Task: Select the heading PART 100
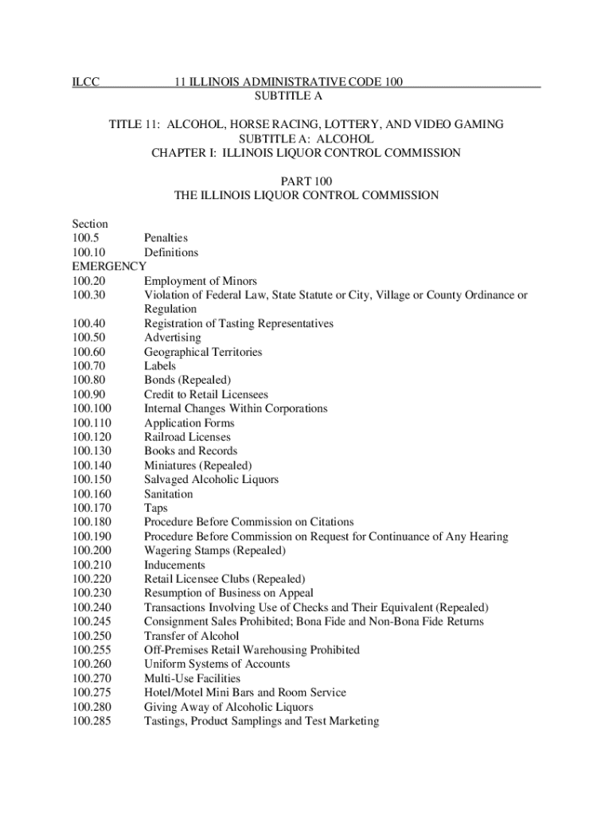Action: click(306, 181)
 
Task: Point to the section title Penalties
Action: click(166, 238)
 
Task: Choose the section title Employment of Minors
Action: click(201, 281)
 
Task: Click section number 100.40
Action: click(88, 323)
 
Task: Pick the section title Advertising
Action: click(173, 337)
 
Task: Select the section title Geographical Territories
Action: click(203, 352)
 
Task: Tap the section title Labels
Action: click(160, 366)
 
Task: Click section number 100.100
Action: click(91, 408)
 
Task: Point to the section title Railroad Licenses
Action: click(187, 437)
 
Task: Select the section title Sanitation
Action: click(168, 493)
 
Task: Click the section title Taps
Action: click(156, 508)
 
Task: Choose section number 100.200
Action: click(91, 550)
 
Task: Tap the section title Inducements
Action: click(174, 564)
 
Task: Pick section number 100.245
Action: click(91, 621)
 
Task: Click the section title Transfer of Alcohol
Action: click(191, 635)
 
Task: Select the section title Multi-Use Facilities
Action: click(192, 678)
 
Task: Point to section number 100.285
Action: click(91, 721)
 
